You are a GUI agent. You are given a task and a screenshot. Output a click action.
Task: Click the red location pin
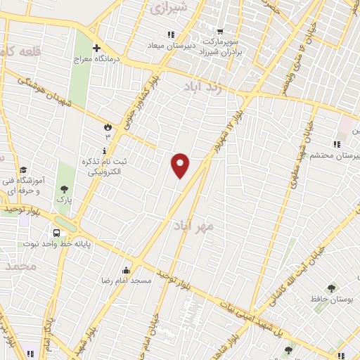181,165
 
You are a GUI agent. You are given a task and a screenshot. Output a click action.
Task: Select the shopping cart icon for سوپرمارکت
220,31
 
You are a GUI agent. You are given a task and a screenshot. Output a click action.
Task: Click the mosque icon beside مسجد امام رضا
127,270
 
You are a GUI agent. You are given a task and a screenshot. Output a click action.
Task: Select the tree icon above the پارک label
65,188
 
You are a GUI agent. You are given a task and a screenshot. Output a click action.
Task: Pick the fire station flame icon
108,127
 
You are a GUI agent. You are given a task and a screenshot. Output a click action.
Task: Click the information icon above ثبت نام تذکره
104,150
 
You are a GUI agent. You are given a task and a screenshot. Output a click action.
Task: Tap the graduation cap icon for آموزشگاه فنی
23,170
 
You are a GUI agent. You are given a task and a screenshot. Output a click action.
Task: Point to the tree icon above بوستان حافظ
331,288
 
